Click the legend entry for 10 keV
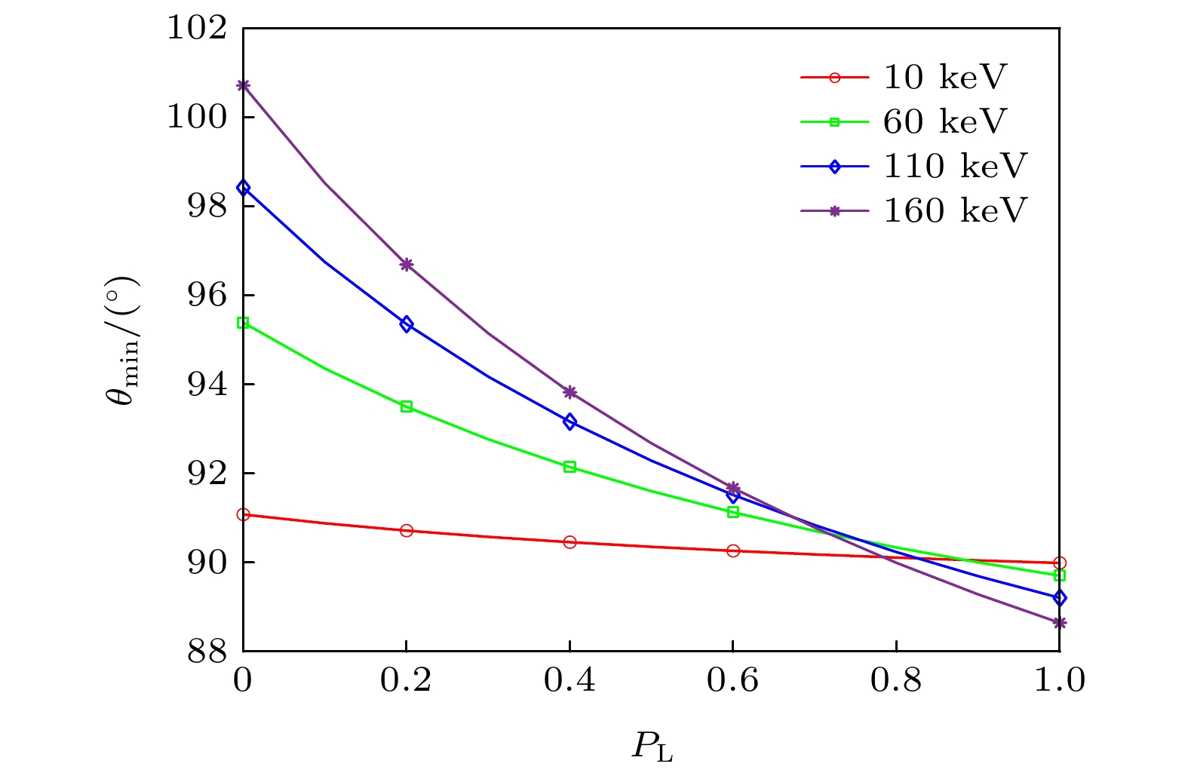coord(944,78)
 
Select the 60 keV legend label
coord(944,122)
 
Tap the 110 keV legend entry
coord(955,167)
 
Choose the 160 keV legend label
coord(955,211)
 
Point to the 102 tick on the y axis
coord(197,29)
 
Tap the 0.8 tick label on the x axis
coord(896,681)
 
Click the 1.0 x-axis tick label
coord(1059,681)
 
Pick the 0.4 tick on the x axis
coord(569,681)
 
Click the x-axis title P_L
coord(652,747)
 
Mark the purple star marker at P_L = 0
coord(243,85)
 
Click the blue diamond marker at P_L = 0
coord(243,188)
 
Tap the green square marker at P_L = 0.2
coord(407,406)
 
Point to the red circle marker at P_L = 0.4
coord(569,542)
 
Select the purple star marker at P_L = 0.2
coord(407,265)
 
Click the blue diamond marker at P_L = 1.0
coord(1060,598)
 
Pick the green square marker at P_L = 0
coord(243,323)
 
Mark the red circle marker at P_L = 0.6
coord(733,551)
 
